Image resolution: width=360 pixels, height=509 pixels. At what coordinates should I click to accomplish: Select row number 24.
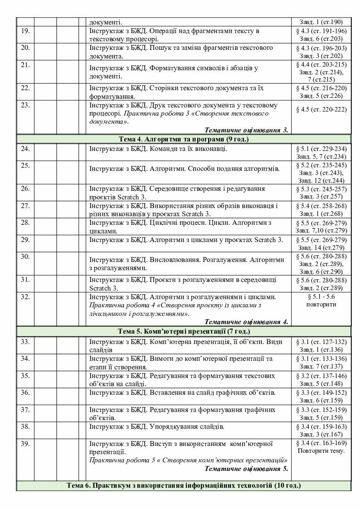pyautogui.click(x=25, y=149)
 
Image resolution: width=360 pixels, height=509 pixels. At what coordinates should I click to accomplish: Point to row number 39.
pyautogui.click(x=25, y=443)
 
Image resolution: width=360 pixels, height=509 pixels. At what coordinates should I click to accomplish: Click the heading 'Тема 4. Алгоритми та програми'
pyautogui.click(x=183, y=139)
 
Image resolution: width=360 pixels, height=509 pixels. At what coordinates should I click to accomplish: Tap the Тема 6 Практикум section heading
pyautogui.click(x=183, y=486)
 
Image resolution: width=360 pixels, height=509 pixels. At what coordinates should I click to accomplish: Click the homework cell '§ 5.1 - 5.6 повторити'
pyautogui.click(x=321, y=301)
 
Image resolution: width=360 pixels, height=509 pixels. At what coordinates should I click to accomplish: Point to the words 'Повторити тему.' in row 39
pyautogui.click(x=321, y=451)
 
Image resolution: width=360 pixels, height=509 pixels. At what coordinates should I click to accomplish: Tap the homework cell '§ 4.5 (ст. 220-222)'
pyautogui.click(x=321, y=109)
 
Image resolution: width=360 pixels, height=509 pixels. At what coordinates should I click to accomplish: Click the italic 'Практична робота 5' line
pyautogui.click(x=189, y=460)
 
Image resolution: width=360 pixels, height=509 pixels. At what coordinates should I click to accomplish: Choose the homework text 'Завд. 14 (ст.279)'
pyautogui.click(x=321, y=247)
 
